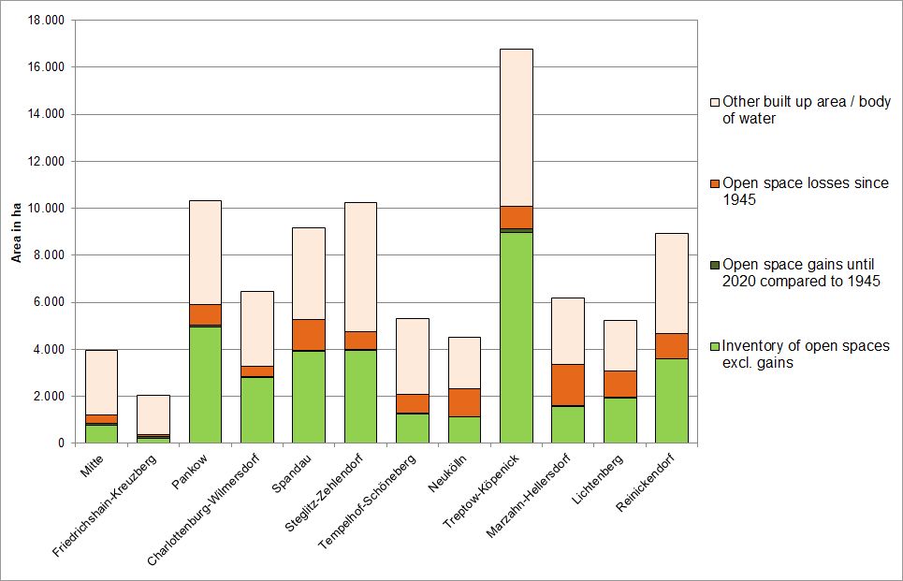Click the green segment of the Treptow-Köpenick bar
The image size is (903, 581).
(x=517, y=337)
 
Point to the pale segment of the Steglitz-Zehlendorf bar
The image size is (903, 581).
(x=360, y=267)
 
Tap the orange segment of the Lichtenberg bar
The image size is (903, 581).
(x=619, y=384)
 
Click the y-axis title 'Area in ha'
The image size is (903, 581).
(x=16, y=231)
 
